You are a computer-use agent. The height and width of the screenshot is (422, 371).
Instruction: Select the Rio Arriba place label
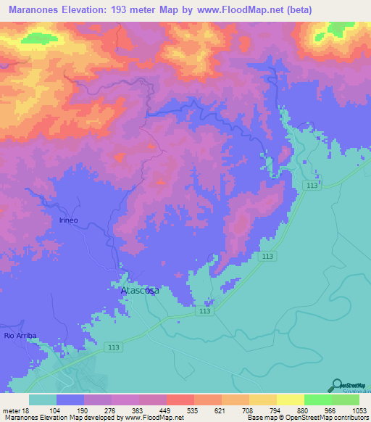tap(20, 336)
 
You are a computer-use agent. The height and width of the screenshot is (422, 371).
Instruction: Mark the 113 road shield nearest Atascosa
tap(205, 310)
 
